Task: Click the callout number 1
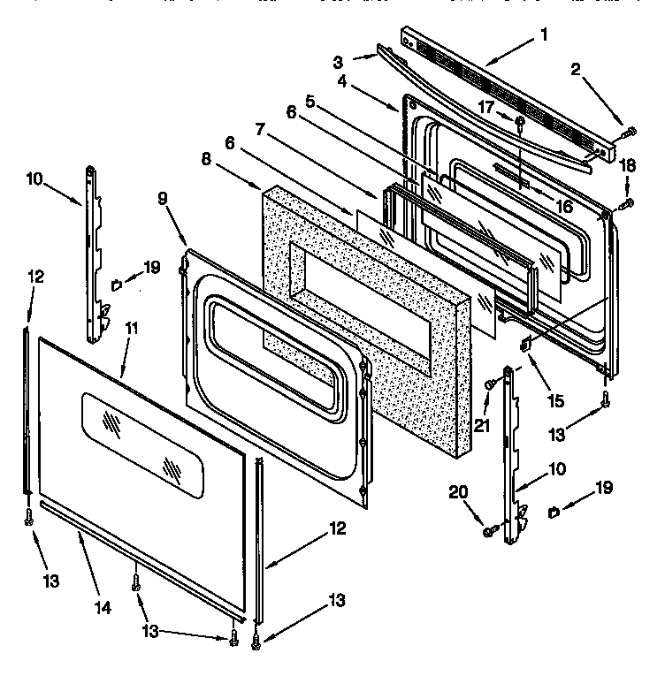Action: pos(544,35)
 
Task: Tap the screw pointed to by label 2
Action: pos(628,132)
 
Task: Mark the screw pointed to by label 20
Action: pos(487,530)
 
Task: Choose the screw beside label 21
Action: pos(490,383)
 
